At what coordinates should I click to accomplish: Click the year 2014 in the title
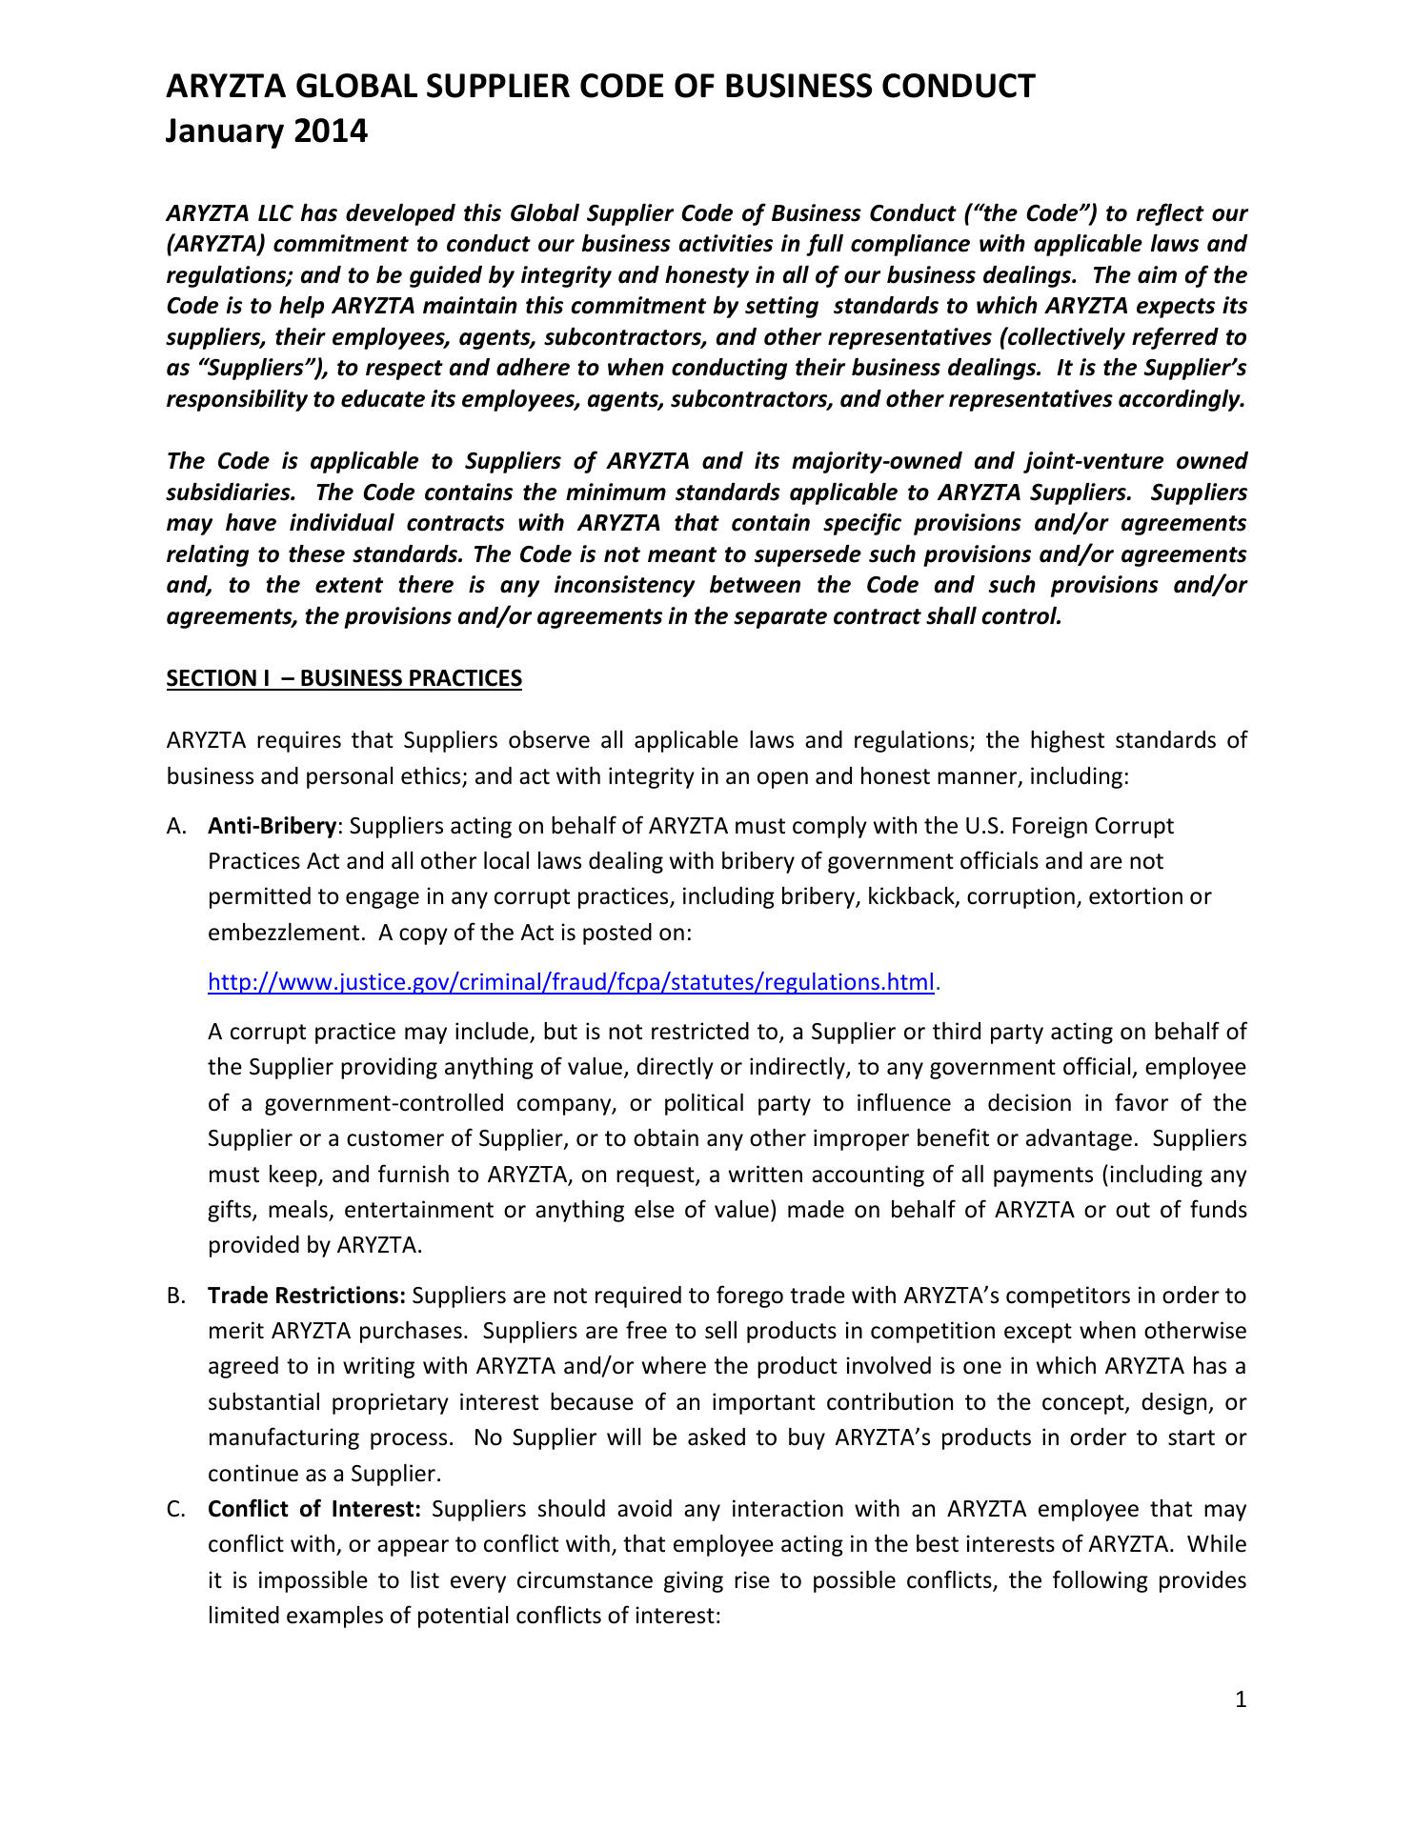point(329,131)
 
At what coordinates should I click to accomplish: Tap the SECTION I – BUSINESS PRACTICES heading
point(344,678)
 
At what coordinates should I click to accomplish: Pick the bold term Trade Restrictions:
point(307,1296)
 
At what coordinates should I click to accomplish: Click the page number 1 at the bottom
point(1241,1700)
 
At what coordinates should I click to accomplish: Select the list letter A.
point(175,826)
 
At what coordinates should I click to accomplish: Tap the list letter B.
point(175,1296)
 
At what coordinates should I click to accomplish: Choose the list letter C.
point(175,1510)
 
